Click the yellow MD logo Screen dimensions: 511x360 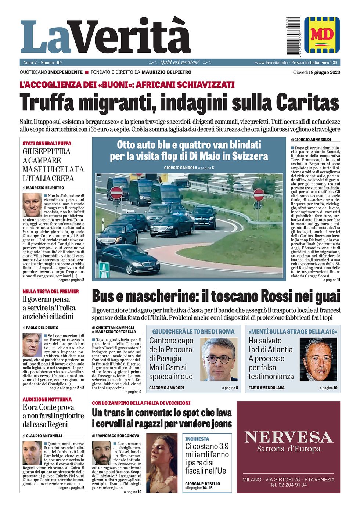322,35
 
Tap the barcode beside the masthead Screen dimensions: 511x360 294,36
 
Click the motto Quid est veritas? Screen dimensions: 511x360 180,62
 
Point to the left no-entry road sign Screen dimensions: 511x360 116,192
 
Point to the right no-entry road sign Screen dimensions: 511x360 259,195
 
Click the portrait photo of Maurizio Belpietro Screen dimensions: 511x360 32,205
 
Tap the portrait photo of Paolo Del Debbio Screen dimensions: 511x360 32,345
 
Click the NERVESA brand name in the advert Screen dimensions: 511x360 288,437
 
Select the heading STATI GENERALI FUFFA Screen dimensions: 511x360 47,143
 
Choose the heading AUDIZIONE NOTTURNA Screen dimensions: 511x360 47,399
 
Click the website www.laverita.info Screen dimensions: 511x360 271,62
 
